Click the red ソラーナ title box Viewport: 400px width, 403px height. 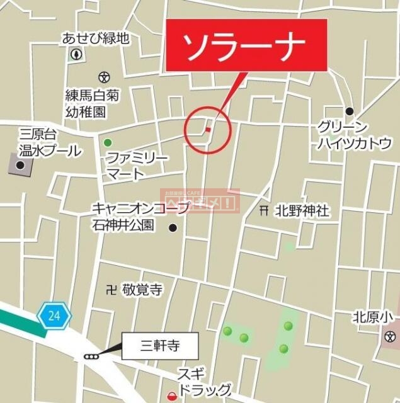pyautogui.click(x=246, y=45)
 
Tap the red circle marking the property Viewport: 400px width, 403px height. pyautogui.click(x=208, y=130)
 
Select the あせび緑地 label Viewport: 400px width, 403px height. pyautogui.click(x=95, y=38)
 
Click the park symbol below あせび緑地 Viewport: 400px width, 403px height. pyautogui.click(x=77, y=54)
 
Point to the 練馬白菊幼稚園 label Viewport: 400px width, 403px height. pyautogui.click(x=92, y=103)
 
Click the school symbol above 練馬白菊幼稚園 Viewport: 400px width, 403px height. pyautogui.click(x=104, y=77)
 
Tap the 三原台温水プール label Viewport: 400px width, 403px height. pyautogui.click(x=50, y=143)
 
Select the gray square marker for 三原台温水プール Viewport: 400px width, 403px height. pyautogui.click(x=20, y=165)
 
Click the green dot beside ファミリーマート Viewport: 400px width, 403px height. pyautogui.click(x=108, y=142)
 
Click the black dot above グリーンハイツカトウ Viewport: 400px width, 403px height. pyautogui.click(x=349, y=111)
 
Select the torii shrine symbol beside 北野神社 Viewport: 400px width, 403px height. pyautogui.click(x=265, y=212)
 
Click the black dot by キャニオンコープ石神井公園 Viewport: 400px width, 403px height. pyautogui.click(x=173, y=228)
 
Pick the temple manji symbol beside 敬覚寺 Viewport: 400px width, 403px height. pyautogui.click(x=111, y=290)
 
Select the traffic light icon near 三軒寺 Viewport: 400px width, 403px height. pyautogui.click(x=91, y=357)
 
